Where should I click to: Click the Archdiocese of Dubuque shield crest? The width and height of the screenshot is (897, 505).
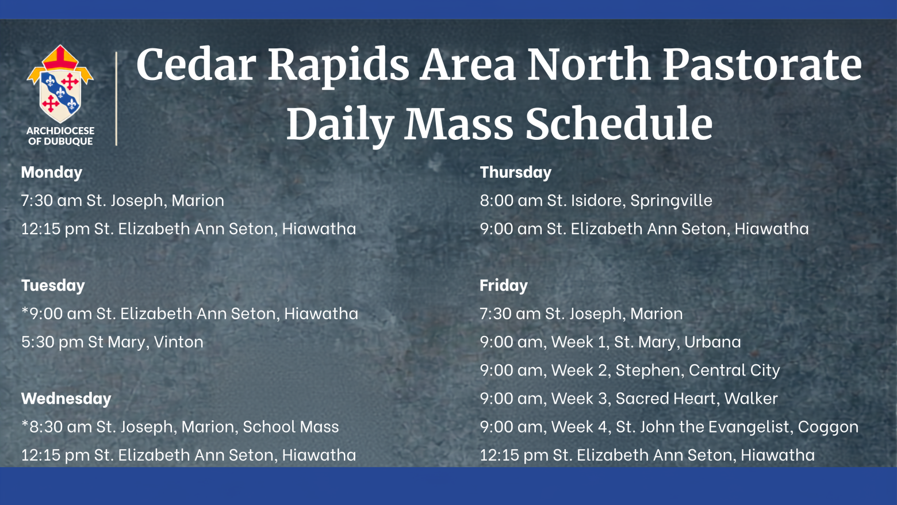(60, 84)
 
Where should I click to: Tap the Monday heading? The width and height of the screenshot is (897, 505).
(52, 173)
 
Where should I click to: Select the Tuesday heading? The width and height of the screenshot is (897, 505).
(53, 285)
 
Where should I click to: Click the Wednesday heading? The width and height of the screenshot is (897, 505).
(66, 399)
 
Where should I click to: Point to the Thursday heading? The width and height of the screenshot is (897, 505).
(515, 173)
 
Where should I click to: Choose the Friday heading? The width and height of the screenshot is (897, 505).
(503, 285)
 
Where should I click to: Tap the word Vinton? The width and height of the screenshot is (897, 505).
(178, 342)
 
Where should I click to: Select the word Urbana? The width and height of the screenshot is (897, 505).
(712, 342)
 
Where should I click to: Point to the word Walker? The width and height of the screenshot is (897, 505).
(751, 399)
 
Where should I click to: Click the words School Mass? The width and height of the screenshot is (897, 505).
(291, 427)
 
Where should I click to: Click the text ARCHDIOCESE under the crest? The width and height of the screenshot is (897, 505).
(60, 131)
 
